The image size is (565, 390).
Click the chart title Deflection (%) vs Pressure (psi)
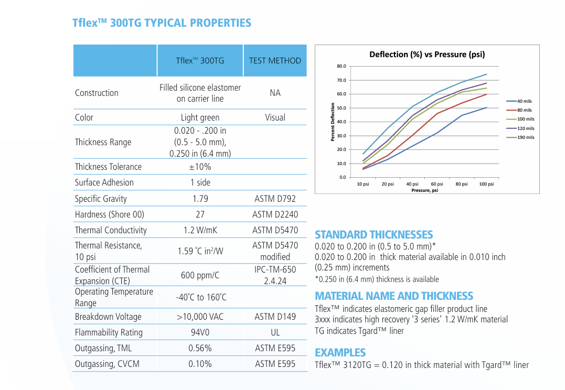[427, 55]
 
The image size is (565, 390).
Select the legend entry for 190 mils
[525, 137]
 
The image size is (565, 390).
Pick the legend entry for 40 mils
[524, 101]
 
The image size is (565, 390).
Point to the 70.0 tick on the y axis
[341, 80]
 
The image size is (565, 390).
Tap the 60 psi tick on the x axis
[437, 184]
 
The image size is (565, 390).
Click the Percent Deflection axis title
[333, 122]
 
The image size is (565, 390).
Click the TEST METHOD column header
[275, 61]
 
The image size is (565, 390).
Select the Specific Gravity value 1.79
[200, 199]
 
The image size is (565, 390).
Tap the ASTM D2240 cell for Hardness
[275, 214]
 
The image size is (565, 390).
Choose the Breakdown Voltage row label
[108, 317]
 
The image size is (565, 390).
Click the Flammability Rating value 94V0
[200, 332]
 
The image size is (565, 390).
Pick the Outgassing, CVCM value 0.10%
[200, 364]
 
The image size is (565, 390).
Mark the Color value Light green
[200, 117]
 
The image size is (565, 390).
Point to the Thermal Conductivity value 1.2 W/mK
[200, 230]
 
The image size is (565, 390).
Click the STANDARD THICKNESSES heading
[374, 235]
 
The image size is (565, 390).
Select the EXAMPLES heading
[340, 352]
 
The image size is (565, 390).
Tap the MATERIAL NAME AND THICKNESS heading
[394, 296]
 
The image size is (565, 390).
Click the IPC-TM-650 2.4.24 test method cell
[275, 275]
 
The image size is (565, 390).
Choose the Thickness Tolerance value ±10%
[200, 167]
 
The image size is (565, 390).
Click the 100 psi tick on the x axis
[486, 184]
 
